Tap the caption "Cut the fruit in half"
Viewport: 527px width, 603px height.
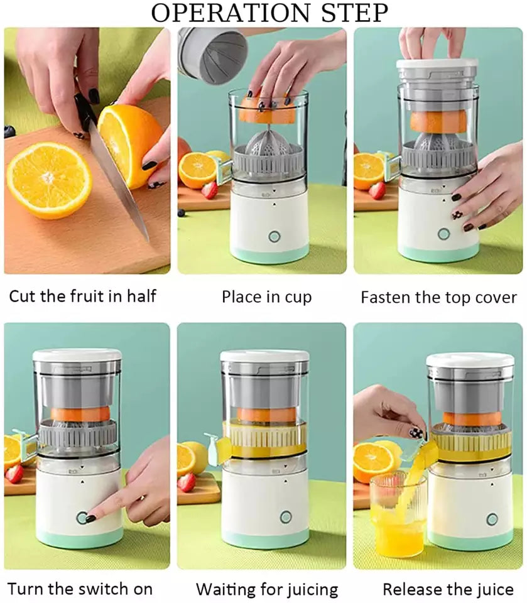(x=82, y=295)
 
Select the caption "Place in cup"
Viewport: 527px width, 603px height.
(x=266, y=296)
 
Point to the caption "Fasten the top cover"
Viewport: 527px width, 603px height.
(x=438, y=297)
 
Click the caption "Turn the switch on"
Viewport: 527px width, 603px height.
(x=80, y=589)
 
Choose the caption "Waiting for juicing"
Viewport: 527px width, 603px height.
(x=267, y=590)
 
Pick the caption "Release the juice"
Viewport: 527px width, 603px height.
(x=448, y=590)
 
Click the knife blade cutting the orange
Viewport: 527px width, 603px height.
(x=119, y=182)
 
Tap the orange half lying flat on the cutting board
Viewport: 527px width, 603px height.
(x=49, y=180)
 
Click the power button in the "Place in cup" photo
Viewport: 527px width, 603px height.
(x=274, y=236)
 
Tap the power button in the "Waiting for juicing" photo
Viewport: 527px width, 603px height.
(x=286, y=517)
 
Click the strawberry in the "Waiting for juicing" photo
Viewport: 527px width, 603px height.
(x=187, y=482)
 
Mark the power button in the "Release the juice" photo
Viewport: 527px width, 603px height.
(x=492, y=519)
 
